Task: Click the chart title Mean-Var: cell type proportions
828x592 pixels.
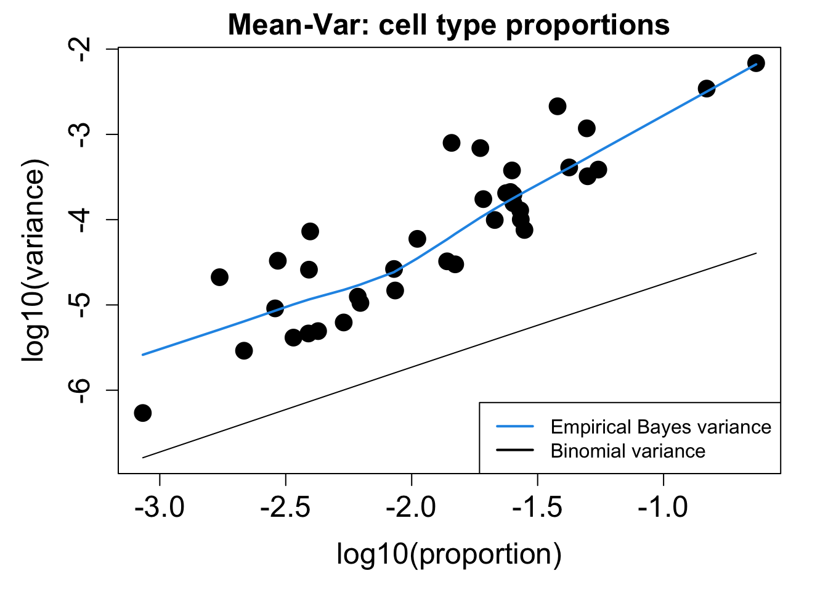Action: coord(448,26)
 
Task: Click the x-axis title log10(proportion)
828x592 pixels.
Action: coord(448,554)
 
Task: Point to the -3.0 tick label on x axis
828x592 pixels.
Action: coord(160,508)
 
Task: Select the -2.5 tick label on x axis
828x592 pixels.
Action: coord(286,508)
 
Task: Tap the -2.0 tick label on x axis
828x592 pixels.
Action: coord(412,508)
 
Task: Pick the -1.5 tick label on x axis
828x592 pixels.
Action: coord(537,508)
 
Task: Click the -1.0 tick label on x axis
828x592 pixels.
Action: coord(664,508)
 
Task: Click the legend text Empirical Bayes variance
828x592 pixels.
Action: coord(660,427)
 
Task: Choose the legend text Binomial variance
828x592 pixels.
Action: coord(628,451)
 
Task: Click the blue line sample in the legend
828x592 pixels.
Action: coord(514,427)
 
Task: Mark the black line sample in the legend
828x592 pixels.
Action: coord(514,451)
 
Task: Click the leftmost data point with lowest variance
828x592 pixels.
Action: coord(142,413)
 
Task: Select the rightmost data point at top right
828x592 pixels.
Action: coord(756,63)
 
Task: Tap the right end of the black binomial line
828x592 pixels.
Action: coord(756,253)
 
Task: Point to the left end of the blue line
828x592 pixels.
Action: coord(142,355)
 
